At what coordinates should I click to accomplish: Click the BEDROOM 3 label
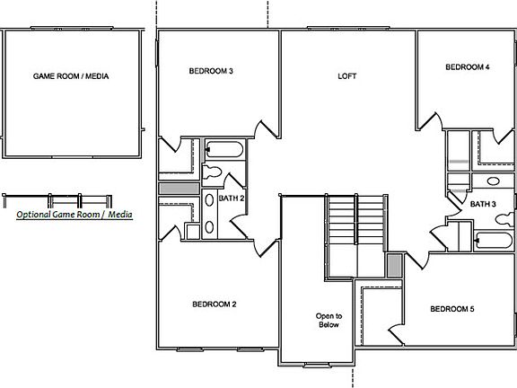(212, 72)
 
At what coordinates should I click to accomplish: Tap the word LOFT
(346, 76)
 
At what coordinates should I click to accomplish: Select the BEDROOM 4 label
(468, 67)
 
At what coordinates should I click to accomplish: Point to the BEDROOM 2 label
(215, 304)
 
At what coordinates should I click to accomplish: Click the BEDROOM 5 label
(451, 310)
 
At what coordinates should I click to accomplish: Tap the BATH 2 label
(232, 198)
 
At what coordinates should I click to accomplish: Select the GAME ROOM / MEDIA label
(71, 77)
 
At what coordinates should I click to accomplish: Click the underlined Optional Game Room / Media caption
(74, 216)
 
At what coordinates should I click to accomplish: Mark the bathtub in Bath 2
(221, 149)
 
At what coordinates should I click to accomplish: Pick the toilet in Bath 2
(214, 172)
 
